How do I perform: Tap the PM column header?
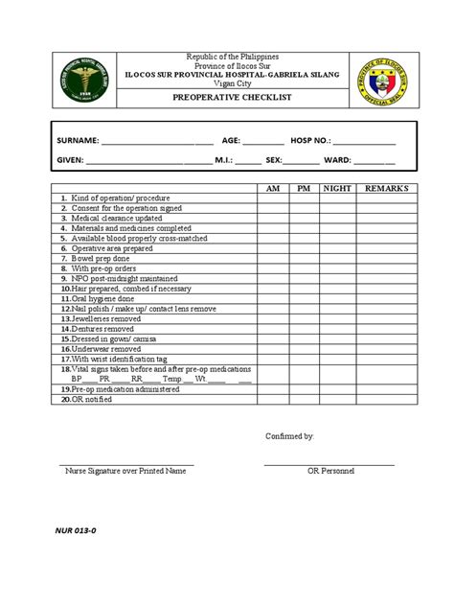(304, 190)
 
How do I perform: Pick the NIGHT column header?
(337, 190)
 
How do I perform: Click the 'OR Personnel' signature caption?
(330, 472)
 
